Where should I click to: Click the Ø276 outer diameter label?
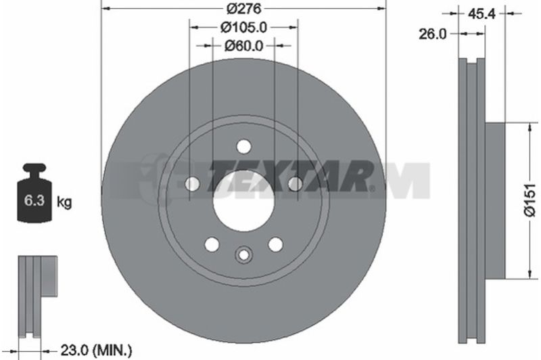pyautogui.click(x=244, y=8)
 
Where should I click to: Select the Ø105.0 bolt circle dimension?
pyautogui.click(x=243, y=27)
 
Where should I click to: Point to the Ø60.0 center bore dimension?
pyautogui.click(x=243, y=45)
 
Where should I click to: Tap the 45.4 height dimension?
pyautogui.click(x=481, y=14)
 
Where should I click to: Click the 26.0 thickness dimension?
pyautogui.click(x=433, y=34)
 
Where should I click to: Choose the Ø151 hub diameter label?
pyautogui.click(x=530, y=200)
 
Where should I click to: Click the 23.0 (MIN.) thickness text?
pyautogui.click(x=96, y=351)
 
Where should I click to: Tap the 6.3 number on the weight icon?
pyautogui.click(x=34, y=200)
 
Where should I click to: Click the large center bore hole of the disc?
pyautogui.click(x=243, y=202)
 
